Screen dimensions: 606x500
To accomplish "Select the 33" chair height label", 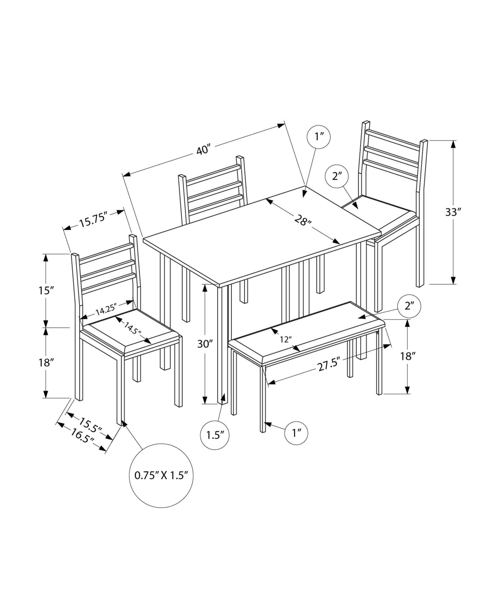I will [453, 212].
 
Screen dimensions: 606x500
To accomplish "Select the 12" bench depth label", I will [286, 339].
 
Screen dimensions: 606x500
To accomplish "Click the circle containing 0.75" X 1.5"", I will [161, 484].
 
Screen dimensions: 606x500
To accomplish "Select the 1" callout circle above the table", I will [319, 137].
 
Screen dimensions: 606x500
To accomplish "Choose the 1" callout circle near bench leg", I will [296, 433].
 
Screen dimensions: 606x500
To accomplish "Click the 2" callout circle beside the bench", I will [409, 306].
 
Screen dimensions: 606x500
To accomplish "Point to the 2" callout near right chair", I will [336, 176].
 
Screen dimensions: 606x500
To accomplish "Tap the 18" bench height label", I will [407, 356].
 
